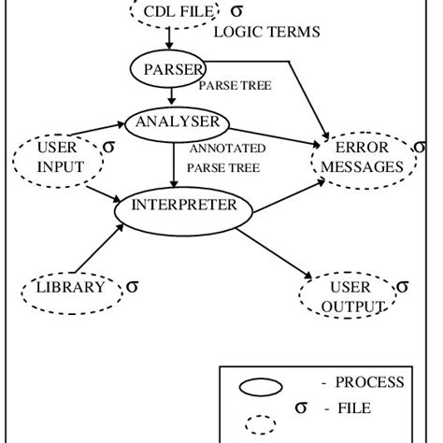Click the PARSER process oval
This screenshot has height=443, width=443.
pos(167,68)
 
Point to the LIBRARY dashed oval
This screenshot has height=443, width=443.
pos(71,288)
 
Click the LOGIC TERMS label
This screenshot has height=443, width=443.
pos(266,32)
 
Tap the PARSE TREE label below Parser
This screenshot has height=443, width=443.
pos(235,85)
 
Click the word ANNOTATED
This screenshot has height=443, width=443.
pos(227,149)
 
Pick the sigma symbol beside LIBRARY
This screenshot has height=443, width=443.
pos(133,286)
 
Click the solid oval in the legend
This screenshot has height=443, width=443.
pos(263,386)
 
